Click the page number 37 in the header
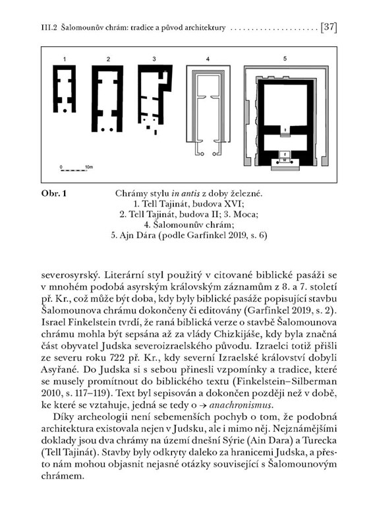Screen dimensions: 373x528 tap(330, 27)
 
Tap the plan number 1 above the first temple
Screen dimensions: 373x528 tap(64, 59)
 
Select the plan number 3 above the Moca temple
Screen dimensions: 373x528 tap(154, 59)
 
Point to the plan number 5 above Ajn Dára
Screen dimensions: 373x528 tap(285, 59)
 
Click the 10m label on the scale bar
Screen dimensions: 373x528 tap(89, 167)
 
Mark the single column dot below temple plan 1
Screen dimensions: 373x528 tap(65, 110)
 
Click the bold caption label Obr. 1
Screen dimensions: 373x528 tap(54, 193)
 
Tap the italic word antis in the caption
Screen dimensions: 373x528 tap(190, 193)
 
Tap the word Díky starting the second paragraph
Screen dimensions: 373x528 tap(63, 417)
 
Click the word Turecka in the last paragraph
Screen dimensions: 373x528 tap(320, 440)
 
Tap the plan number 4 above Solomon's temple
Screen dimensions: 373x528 tap(208, 59)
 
